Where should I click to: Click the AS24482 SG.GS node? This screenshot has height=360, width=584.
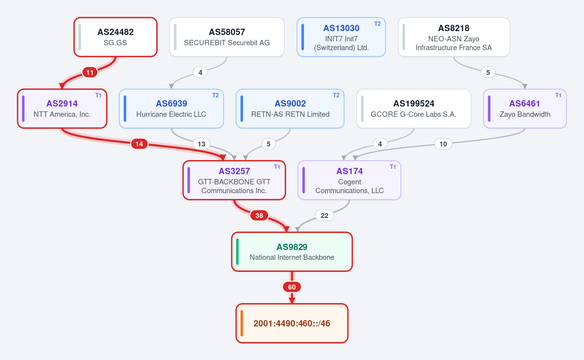click(115, 37)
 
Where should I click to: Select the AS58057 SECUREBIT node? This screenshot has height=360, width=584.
click(227, 37)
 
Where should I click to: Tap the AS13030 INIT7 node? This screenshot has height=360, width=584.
click(341, 37)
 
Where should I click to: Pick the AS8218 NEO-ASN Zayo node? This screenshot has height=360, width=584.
click(454, 37)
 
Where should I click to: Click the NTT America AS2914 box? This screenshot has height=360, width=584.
click(62, 108)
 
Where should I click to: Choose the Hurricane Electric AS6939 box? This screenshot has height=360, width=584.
click(171, 108)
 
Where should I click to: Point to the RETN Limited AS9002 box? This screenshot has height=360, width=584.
click(290, 108)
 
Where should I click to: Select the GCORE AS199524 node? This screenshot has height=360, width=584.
click(414, 108)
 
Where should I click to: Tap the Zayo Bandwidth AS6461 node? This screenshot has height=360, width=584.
click(525, 108)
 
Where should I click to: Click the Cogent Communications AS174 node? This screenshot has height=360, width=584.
click(349, 180)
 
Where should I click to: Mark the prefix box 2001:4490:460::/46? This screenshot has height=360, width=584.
click(292, 323)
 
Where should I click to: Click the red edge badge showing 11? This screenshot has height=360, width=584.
click(90, 72)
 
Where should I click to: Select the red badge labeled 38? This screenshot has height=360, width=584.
click(259, 216)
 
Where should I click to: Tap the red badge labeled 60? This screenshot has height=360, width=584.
click(292, 287)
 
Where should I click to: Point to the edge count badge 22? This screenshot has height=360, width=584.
click(324, 216)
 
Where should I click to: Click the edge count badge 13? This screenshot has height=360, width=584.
click(201, 144)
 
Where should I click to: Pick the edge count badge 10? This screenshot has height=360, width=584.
click(443, 144)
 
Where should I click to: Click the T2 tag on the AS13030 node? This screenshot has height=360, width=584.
click(378, 24)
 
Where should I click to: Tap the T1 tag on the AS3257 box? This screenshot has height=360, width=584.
click(277, 167)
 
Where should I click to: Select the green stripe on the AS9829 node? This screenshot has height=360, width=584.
click(237, 252)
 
